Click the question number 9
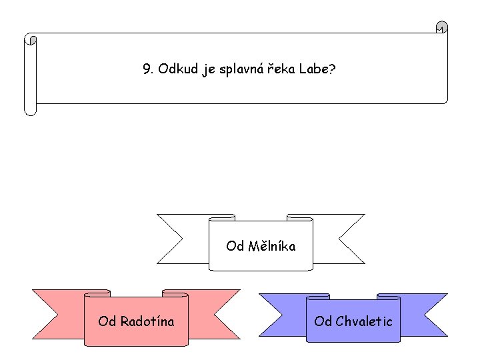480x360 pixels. pyautogui.click(x=147, y=69)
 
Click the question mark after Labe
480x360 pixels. pyautogui.click(x=332, y=69)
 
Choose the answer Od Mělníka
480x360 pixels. pyautogui.click(x=261, y=247)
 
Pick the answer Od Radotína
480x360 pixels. pyautogui.click(x=136, y=321)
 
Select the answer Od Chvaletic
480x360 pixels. pyautogui.click(x=353, y=321)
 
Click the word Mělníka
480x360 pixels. pyautogui.click(x=271, y=247)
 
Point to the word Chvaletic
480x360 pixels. pyautogui.click(x=364, y=321)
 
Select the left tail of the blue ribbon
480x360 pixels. pyautogui.click(x=280, y=313)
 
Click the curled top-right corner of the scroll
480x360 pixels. pyautogui.click(x=441, y=28)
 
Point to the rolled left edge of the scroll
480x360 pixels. pyautogui.click(x=30, y=73)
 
